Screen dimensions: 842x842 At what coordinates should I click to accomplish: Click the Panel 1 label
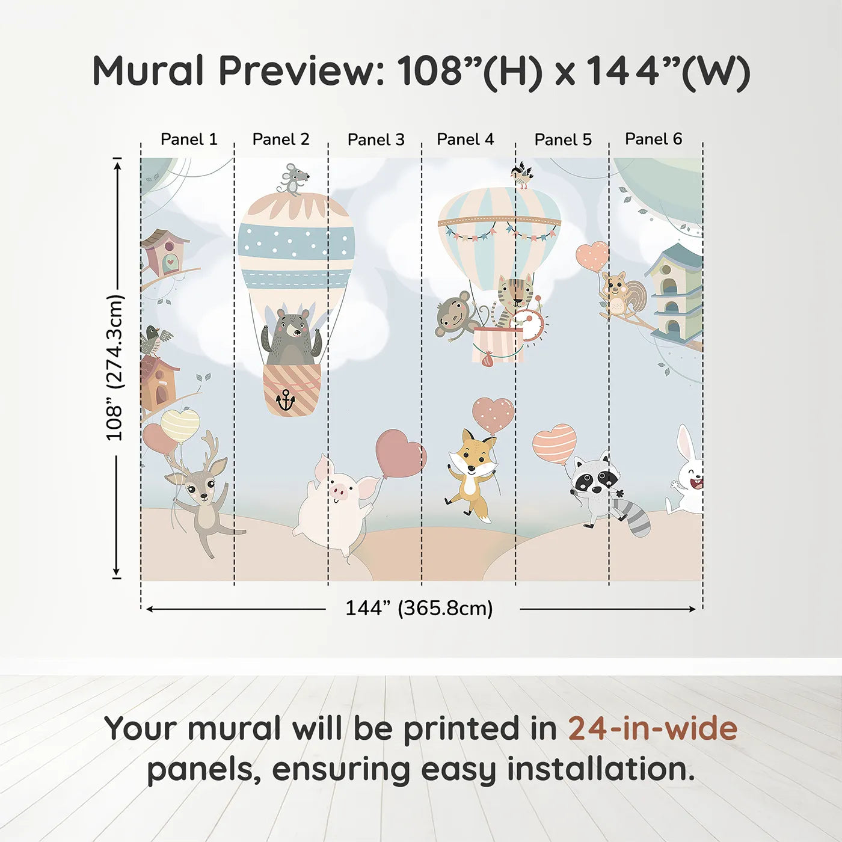point(188,140)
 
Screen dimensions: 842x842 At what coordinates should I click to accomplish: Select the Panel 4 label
point(465,140)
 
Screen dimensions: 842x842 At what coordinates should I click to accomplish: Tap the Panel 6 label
point(653,139)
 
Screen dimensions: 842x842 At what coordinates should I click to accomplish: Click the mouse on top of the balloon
point(293,179)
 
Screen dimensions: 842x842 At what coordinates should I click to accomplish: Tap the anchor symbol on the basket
point(285,399)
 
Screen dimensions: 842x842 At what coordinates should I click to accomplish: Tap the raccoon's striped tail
point(637,518)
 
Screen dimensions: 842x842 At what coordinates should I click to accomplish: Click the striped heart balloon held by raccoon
point(554,443)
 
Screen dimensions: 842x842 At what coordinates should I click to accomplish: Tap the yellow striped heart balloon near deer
point(180,424)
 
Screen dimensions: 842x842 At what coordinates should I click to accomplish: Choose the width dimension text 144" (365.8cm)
point(419,608)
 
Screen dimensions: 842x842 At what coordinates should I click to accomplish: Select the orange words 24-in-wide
point(653,728)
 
